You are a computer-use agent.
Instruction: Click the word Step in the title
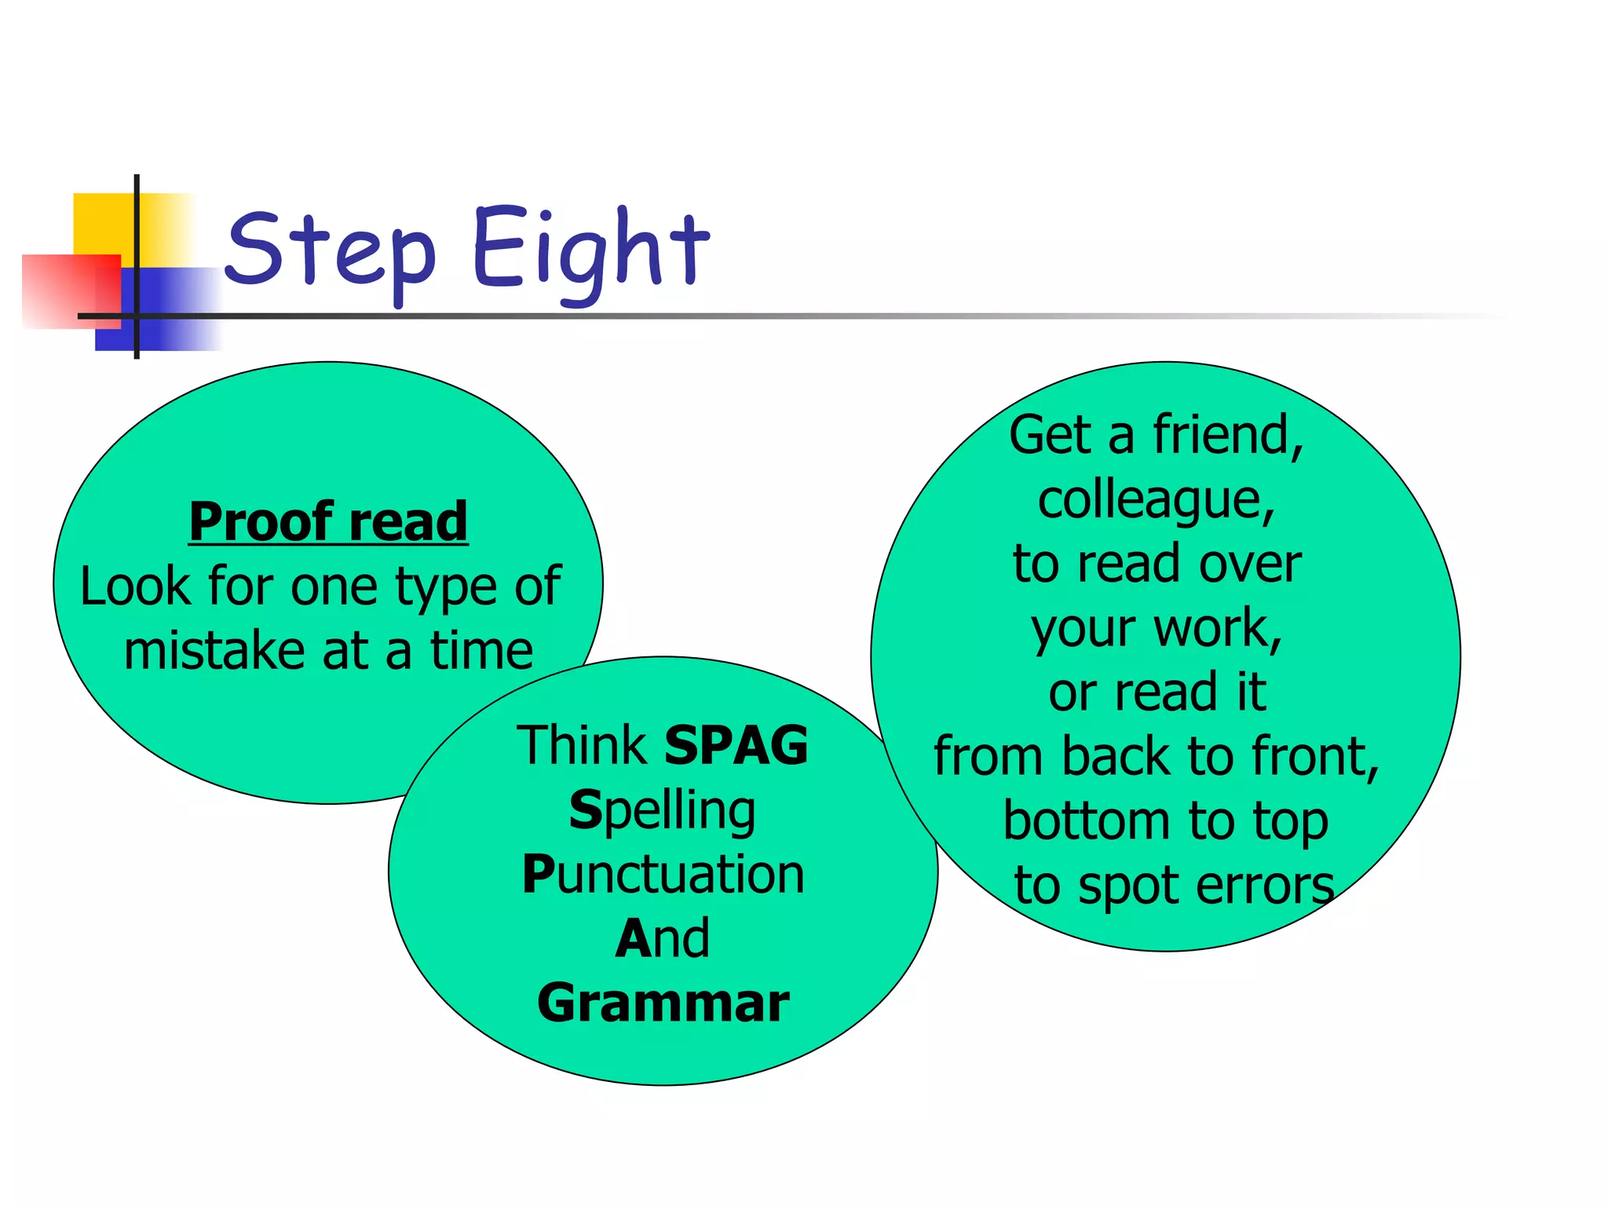tap(330, 251)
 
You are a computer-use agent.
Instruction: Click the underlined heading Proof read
tap(328, 521)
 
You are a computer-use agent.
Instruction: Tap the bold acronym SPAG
tap(736, 745)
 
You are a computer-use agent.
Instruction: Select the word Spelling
tap(662, 811)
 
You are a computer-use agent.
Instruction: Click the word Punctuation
tap(663, 875)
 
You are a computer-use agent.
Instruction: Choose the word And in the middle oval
tap(662, 938)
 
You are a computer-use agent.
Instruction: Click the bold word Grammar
tap(663, 1003)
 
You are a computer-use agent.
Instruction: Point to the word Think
tap(581, 745)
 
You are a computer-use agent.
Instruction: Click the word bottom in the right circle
tap(1087, 821)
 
